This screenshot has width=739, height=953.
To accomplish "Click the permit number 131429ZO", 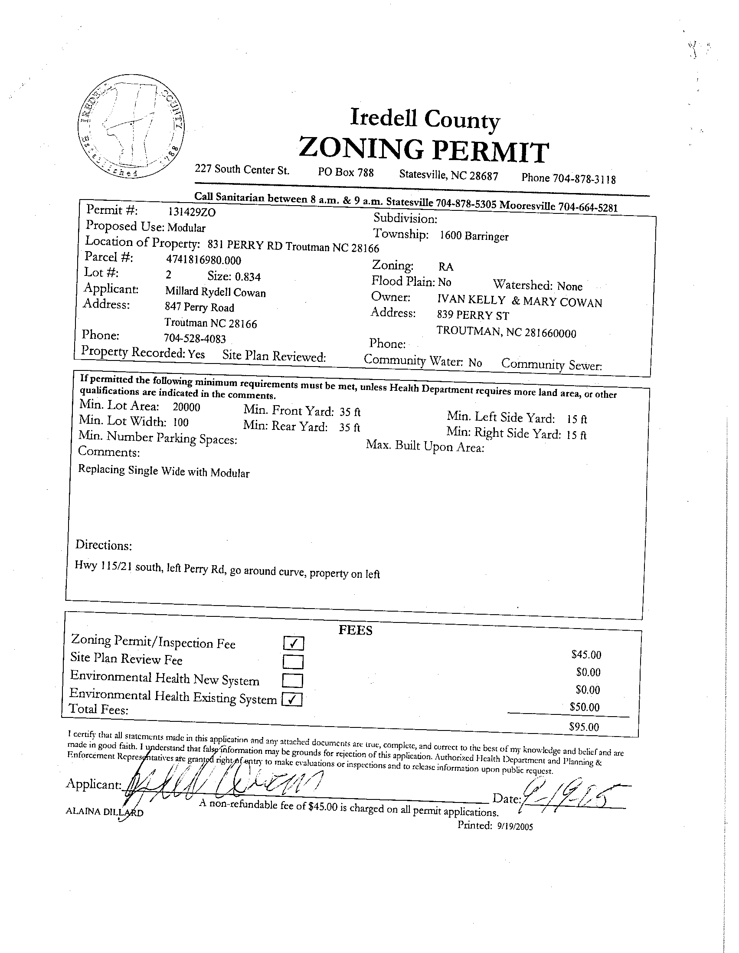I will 192,212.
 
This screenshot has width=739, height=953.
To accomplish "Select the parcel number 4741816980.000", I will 203,260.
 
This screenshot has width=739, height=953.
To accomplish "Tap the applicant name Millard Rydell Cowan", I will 215,292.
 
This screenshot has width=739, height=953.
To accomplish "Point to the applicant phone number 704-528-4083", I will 195,338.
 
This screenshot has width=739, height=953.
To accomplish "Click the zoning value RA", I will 446,267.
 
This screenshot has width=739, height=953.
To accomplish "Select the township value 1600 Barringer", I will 474,236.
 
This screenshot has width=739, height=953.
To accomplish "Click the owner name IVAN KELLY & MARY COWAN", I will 520,301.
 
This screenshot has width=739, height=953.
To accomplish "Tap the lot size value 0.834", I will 248,277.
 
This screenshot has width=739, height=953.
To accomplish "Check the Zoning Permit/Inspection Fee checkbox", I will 293,643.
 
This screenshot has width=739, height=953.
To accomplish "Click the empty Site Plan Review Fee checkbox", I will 293,662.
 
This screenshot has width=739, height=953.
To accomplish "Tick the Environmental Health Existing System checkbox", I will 292,700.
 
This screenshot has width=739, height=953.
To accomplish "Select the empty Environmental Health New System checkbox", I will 292,680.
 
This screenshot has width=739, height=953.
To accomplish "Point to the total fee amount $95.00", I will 584,727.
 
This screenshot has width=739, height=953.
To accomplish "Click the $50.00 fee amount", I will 585,707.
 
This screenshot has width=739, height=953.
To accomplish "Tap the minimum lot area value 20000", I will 186,407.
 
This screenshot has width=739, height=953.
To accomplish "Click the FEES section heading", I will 355,631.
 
